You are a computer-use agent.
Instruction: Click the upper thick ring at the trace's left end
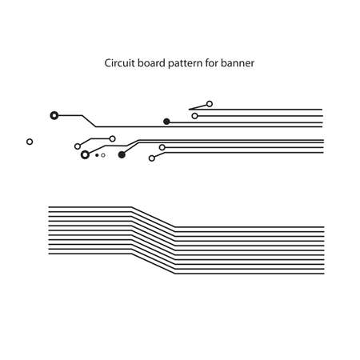[54, 115]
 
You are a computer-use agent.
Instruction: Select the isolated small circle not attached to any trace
[30, 142]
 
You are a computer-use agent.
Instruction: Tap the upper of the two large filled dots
[166, 122]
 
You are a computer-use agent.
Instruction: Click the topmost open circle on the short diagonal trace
[210, 104]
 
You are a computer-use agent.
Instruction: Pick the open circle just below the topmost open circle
[194, 116]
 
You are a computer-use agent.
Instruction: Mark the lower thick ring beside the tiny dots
[85, 155]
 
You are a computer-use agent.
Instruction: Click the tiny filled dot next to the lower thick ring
[97, 155]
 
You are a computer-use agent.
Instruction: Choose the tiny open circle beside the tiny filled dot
[103, 155]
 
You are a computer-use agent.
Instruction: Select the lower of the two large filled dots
[122, 155]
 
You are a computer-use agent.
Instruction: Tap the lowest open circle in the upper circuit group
[152, 158]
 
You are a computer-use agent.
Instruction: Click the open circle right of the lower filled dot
[162, 147]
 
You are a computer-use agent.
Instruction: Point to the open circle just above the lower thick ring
[78, 146]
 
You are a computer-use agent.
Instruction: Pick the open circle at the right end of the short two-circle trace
[113, 138]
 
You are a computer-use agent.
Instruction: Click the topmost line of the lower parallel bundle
[88, 207]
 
